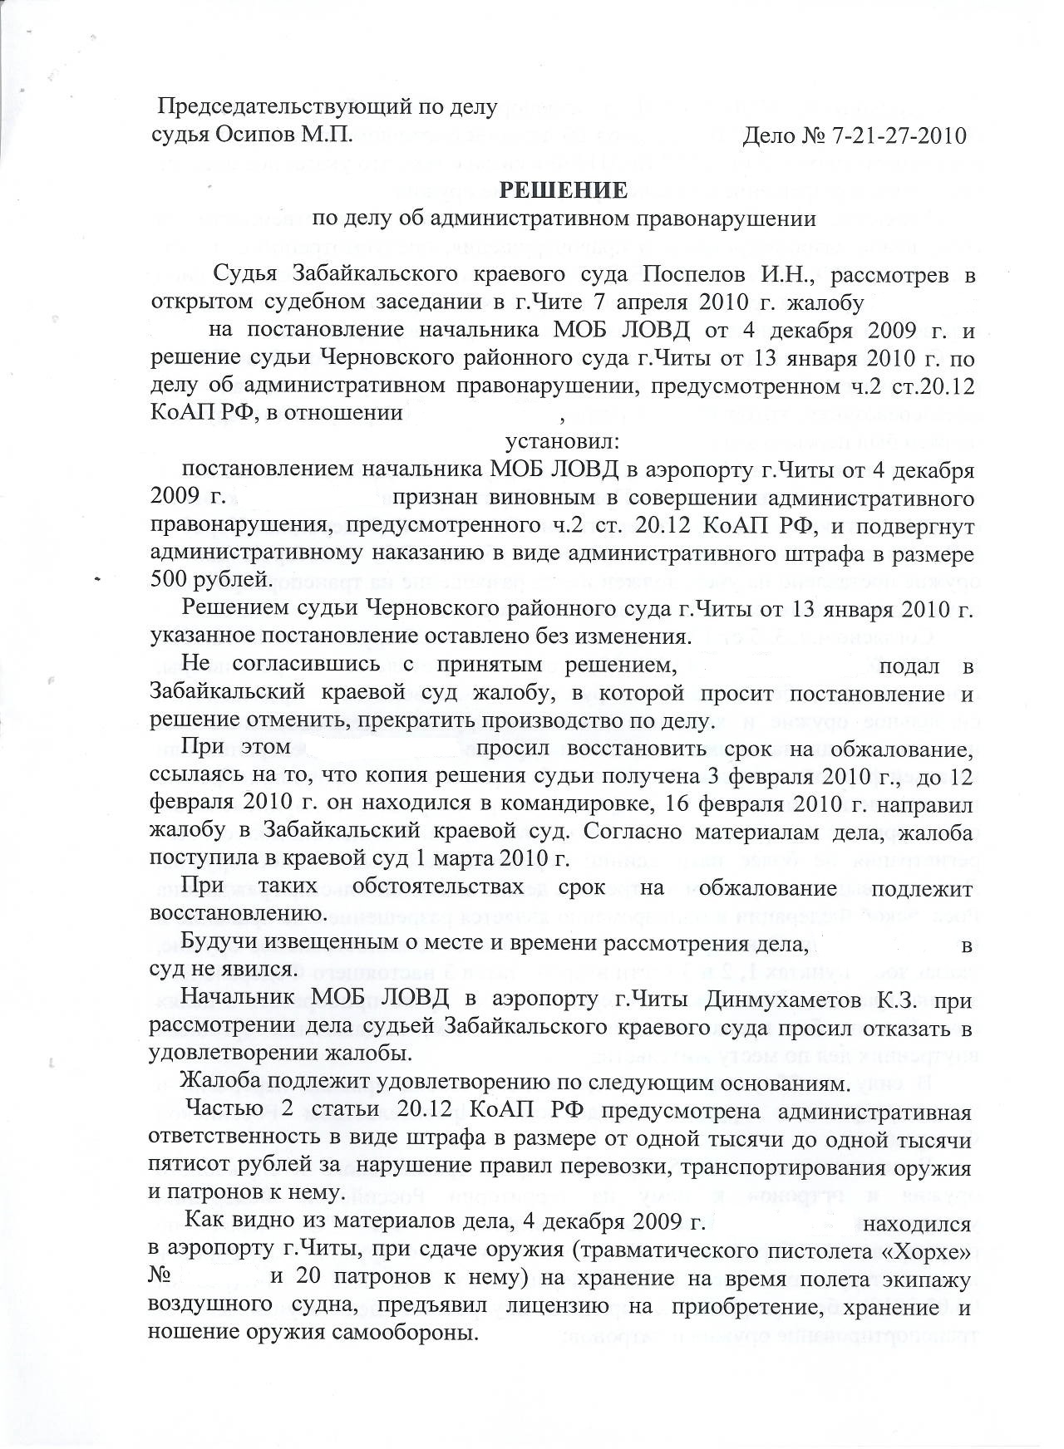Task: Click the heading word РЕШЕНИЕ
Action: coord(563,190)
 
